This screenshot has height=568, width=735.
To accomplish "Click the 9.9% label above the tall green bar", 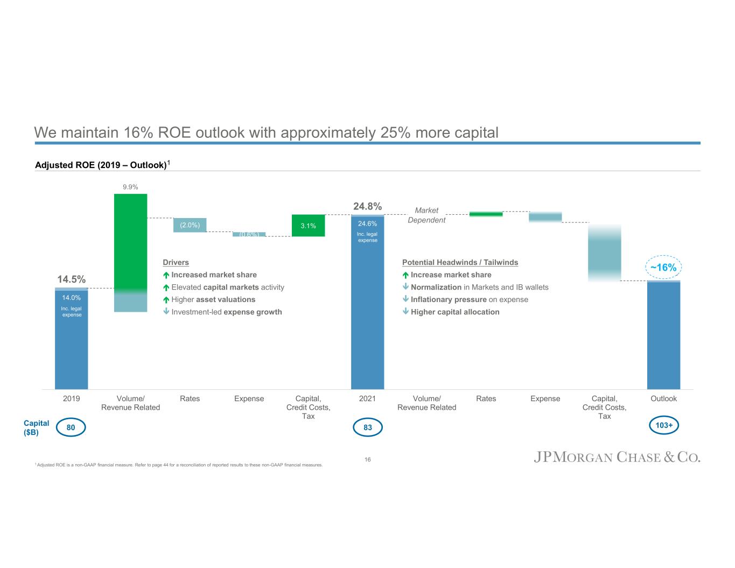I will [x=130, y=187].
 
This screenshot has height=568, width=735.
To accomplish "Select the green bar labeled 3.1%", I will [x=308, y=226].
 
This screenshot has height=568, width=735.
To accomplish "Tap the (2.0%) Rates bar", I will [x=190, y=225].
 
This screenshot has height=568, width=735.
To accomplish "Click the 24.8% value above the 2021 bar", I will [x=367, y=206].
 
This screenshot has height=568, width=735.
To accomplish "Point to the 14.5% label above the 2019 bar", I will [x=71, y=279].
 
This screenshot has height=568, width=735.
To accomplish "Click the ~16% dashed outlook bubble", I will [x=663, y=268].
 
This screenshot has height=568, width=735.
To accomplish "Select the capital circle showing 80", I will [x=71, y=427].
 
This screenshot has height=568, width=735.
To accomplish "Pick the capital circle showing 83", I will [x=367, y=427].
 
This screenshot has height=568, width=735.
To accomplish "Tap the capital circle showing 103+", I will [x=663, y=425].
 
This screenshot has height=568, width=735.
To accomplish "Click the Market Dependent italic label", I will [x=426, y=215].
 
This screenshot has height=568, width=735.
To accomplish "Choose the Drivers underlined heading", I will [x=176, y=262].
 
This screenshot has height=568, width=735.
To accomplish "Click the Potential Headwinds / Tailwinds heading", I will [x=460, y=262].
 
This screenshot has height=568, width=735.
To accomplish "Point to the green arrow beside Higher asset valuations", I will [x=166, y=299].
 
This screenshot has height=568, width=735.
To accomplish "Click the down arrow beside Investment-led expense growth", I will [x=166, y=312].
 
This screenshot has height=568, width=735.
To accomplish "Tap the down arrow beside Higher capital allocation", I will [x=405, y=312].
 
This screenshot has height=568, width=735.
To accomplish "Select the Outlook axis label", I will [x=663, y=398].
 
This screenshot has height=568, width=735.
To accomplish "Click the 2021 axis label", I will [x=367, y=398].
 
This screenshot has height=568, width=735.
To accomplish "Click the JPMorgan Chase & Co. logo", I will [x=617, y=458].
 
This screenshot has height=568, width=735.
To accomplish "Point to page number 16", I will [x=367, y=459].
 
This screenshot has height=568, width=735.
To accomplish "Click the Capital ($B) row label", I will [x=37, y=427].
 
